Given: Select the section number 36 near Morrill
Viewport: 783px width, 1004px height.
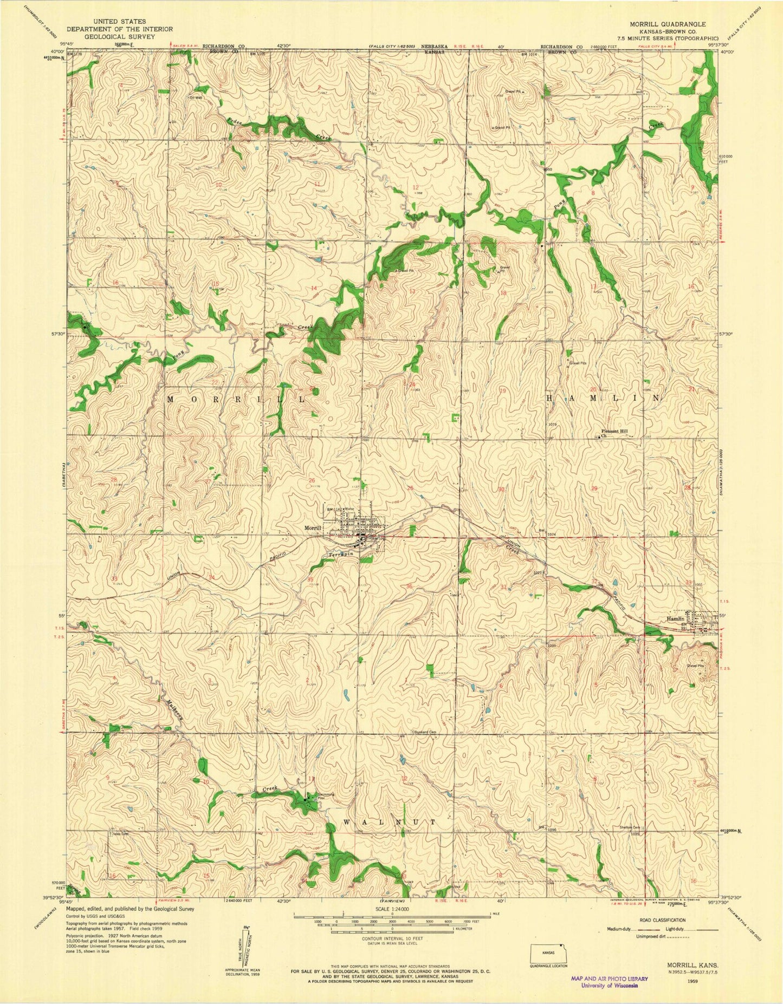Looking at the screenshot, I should tap(409, 586).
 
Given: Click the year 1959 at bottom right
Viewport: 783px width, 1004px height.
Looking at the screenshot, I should tap(706, 981).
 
